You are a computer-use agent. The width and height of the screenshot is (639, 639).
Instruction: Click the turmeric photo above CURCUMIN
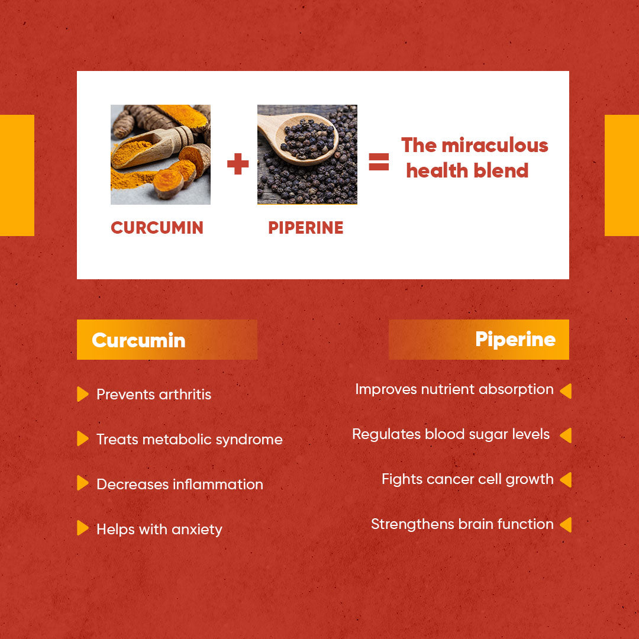tap(160, 154)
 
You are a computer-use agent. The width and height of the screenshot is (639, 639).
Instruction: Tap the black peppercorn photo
tap(307, 154)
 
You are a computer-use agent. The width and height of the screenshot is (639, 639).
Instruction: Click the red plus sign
tap(238, 164)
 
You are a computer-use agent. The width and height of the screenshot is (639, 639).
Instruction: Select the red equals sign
tap(379, 162)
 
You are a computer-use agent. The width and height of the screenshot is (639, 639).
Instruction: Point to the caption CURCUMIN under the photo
tap(157, 228)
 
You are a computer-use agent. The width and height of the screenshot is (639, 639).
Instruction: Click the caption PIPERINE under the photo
tap(305, 228)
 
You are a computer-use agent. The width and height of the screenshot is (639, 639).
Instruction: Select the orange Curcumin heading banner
tap(167, 340)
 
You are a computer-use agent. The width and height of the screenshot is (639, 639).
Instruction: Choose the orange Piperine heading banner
tap(479, 340)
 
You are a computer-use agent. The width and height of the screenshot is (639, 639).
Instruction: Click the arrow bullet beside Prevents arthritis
tap(83, 394)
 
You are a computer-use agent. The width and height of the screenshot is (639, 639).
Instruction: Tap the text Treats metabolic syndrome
tap(189, 440)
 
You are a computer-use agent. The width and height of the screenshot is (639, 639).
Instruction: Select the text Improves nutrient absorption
tap(454, 389)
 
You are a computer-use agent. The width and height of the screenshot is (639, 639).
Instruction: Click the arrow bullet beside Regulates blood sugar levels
tap(566, 435)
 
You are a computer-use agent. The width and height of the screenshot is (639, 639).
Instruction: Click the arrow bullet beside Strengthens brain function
tap(566, 524)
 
